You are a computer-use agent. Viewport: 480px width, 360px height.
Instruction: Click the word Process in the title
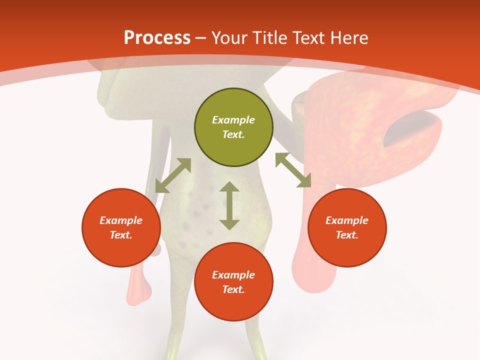[157, 38]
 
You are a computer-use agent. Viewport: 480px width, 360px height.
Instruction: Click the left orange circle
[121, 227]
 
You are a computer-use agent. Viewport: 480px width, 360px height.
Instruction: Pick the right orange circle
[347, 227]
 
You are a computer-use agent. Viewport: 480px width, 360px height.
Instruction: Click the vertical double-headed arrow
[229, 205]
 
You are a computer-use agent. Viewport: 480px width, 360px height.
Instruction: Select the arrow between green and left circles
[173, 175]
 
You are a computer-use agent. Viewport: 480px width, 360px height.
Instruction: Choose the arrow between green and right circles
[293, 170]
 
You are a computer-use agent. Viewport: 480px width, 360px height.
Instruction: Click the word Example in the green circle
[233, 120]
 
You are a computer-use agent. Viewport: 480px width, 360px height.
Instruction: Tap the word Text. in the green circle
[233, 134]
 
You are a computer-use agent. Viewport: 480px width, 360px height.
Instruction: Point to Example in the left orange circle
[121, 220]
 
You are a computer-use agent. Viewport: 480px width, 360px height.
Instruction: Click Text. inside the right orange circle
[347, 235]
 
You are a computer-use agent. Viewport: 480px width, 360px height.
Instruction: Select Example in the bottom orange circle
[233, 275]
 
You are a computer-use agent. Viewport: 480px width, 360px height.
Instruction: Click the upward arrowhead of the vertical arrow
[229, 187]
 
